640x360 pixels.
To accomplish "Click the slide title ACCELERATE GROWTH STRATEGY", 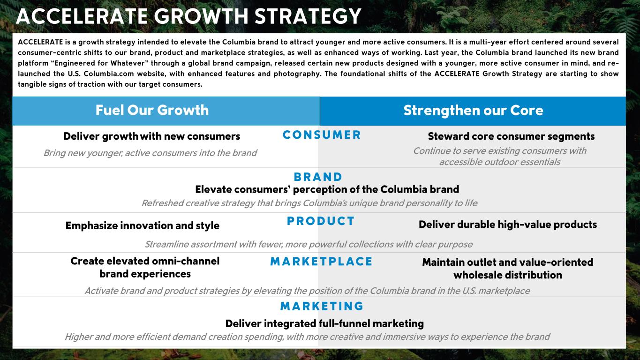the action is point(188,16).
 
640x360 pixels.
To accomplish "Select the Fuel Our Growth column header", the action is point(152,110).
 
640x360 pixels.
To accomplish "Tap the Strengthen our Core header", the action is point(473,111).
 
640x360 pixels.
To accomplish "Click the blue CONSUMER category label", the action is point(322,135).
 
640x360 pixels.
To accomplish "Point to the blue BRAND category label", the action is point(318,177).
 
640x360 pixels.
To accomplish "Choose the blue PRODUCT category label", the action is point(321,221).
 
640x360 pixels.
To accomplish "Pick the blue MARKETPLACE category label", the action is point(322,262).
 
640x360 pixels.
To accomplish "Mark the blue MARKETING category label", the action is point(322,306).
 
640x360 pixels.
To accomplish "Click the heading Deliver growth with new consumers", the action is point(152,136).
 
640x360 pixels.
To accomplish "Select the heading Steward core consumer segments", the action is point(511,136).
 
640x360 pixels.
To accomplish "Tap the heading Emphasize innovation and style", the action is point(142,225).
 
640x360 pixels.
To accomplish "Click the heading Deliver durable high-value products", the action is point(508,225).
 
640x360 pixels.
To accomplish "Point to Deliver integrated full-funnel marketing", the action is point(324,323).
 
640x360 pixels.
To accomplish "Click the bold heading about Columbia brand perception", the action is point(327,189).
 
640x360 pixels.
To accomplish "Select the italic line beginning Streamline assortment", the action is point(309,244).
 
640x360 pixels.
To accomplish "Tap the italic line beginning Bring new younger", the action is point(151,153).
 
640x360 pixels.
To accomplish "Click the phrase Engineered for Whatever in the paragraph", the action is point(99,63).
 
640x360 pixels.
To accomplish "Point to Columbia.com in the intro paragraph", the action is point(109,74).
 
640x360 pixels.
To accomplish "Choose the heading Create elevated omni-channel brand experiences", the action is point(145,268).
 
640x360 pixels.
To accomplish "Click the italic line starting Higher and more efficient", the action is point(308,337).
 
